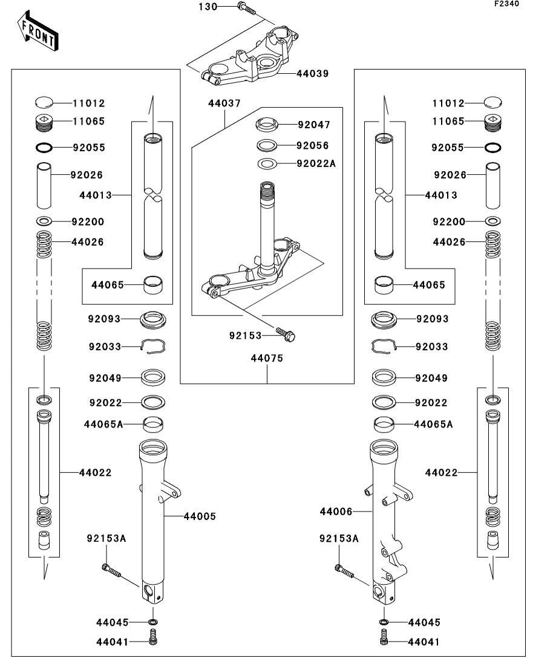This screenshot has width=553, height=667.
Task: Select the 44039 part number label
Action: [312, 74]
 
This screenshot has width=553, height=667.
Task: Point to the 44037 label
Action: [221, 103]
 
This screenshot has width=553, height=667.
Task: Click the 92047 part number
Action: [313, 125]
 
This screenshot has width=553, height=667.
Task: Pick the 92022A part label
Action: [316, 163]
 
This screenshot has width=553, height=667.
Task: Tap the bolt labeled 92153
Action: [284, 333]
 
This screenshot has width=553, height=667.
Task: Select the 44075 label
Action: [267, 358]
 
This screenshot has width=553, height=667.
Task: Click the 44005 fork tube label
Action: [199, 516]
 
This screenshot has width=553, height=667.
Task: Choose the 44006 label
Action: [336, 512]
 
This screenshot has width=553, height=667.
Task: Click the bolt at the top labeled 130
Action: [246, 8]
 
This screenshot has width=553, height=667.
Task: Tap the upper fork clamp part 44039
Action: [248, 60]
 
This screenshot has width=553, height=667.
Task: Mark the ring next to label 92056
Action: [267, 145]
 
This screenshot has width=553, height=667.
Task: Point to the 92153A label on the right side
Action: [339, 538]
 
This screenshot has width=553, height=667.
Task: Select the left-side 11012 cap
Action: [44, 102]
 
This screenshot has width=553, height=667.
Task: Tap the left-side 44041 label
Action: [112, 642]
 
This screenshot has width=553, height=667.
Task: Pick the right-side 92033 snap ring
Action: [382, 346]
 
